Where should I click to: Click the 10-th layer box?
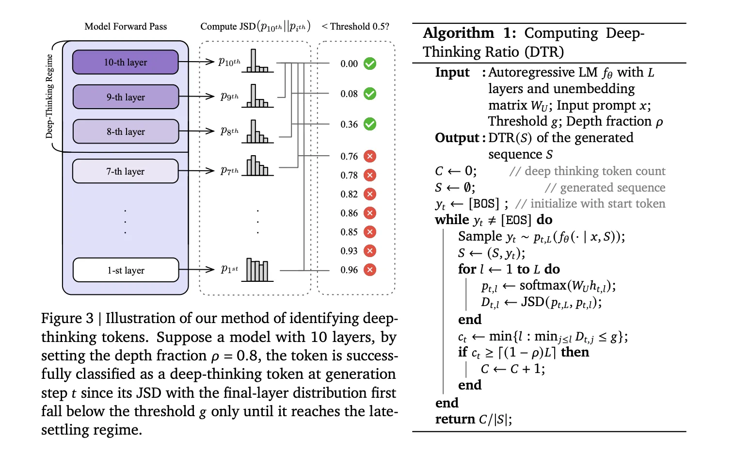[x=126, y=62]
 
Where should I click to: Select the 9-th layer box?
[x=126, y=97]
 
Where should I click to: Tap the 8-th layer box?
[x=126, y=131]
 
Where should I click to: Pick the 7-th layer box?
[x=126, y=171]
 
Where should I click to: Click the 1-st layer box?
[x=126, y=270]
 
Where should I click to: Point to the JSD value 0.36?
[x=349, y=125]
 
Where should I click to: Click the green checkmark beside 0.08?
[x=370, y=94]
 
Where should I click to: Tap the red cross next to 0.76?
[x=370, y=156]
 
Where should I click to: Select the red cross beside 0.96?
[x=370, y=270]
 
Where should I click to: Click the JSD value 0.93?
[x=349, y=251]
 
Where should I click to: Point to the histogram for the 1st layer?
[x=257, y=270]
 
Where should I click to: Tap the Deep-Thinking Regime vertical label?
[x=49, y=96]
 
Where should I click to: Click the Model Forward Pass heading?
[x=126, y=27]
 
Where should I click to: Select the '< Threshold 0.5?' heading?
[x=355, y=27]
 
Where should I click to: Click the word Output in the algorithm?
[x=457, y=138]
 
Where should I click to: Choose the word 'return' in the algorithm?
[x=455, y=419]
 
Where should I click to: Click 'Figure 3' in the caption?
[x=67, y=318]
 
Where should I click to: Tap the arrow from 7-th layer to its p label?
[x=196, y=171]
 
